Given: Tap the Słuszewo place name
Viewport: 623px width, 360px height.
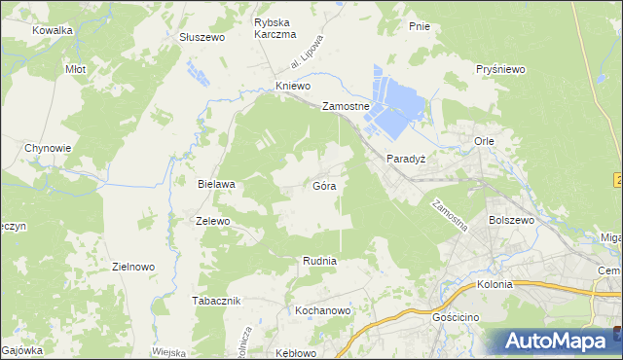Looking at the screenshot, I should (202, 37).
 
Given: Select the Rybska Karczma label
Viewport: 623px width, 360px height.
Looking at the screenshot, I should (275, 28).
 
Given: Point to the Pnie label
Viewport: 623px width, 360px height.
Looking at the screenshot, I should (420, 26).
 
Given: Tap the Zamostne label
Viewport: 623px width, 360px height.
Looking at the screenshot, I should (346, 106).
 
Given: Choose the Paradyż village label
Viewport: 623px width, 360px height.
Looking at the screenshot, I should (407, 158).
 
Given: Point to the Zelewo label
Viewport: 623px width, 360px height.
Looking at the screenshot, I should (212, 221).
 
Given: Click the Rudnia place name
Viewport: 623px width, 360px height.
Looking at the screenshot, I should (319, 261).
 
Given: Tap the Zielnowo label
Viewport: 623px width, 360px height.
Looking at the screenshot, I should (134, 266).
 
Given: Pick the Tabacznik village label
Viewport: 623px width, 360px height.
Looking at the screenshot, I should (216, 301).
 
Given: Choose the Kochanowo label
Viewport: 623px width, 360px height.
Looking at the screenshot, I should (322, 310).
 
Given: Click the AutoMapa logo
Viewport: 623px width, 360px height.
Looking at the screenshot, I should (555, 341).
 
